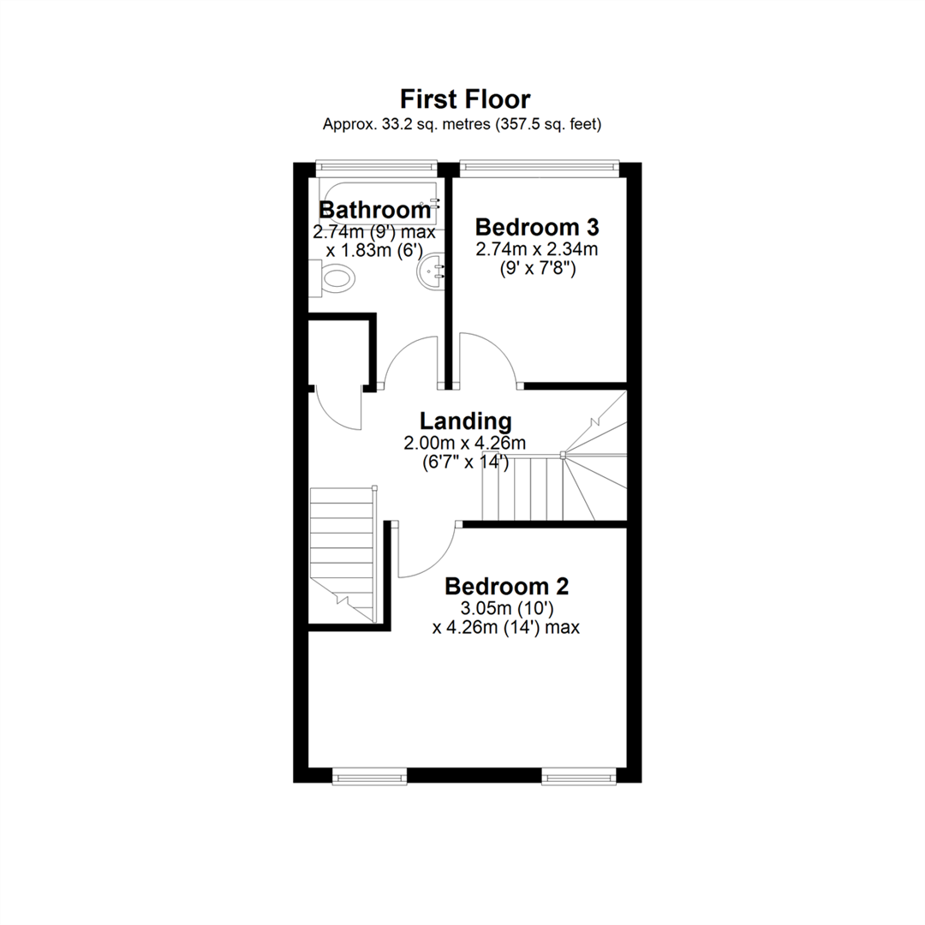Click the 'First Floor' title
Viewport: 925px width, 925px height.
[465, 99]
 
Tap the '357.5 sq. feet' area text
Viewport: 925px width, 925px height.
[546, 124]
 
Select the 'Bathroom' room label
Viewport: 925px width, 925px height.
[374, 210]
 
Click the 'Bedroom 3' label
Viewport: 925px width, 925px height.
[537, 227]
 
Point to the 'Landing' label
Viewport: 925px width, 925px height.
[465, 421]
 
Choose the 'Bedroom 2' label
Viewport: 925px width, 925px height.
[506, 587]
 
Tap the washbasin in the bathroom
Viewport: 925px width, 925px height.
[432, 272]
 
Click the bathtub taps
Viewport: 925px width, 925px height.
[435, 204]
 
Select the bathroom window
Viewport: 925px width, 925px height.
[376, 168]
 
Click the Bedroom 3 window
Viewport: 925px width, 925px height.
[540, 168]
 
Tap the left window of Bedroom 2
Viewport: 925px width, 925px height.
[370, 776]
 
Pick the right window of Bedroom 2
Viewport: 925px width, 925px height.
[579, 776]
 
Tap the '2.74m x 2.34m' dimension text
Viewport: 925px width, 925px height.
[537, 249]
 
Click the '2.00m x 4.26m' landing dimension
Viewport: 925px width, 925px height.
[465, 443]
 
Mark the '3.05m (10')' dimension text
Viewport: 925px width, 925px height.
[507, 608]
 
